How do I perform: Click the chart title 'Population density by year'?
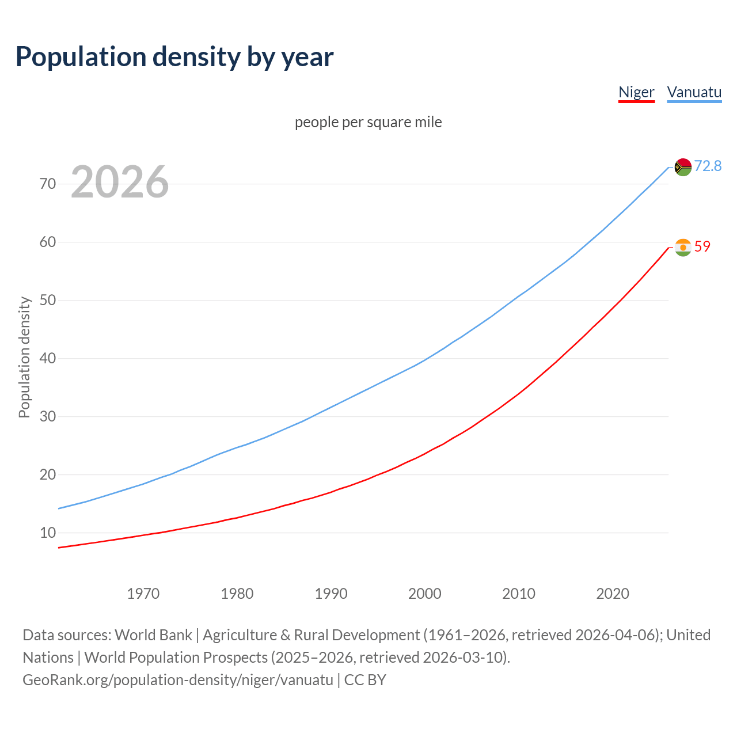point(174,56)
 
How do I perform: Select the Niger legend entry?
point(636,92)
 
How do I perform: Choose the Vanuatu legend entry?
point(694,92)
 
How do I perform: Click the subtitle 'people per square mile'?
point(368,122)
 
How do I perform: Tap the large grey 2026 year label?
point(120,182)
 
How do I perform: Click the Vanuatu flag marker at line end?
point(682,167)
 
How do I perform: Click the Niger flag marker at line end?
point(682,248)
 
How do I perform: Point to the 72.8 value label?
point(708,166)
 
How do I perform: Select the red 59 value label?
point(702,246)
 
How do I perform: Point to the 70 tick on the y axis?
point(48,184)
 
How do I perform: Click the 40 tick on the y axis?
point(48,358)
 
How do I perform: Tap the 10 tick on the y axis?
point(48,533)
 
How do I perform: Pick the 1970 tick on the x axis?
point(143,594)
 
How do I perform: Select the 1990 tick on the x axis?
point(331,594)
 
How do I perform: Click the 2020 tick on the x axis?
point(613,594)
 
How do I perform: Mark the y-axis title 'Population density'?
point(24,357)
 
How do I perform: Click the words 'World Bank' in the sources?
point(153,635)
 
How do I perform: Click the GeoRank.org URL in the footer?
point(177,680)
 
